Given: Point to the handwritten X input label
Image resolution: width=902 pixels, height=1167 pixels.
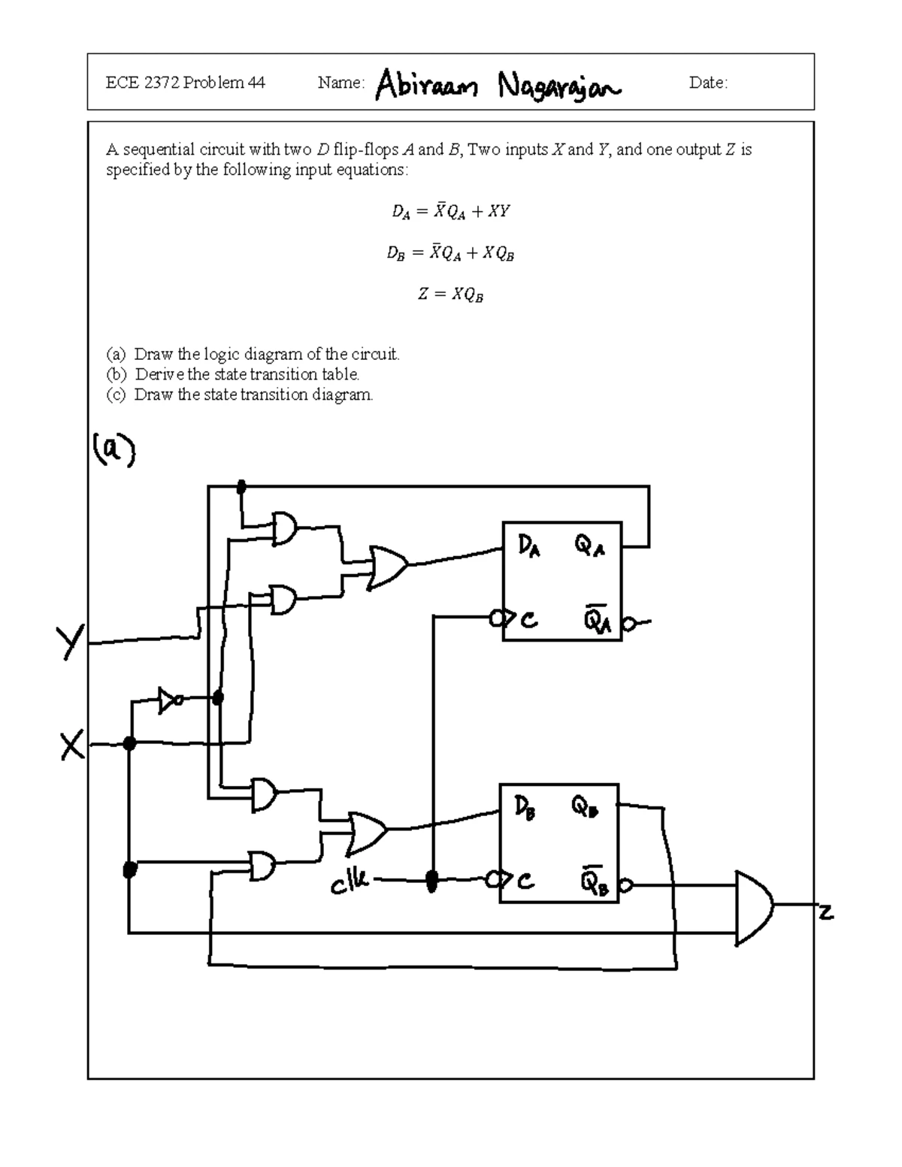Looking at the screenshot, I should (x=73, y=746).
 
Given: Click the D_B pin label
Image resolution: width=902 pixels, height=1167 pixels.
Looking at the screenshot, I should (x=525, y=808).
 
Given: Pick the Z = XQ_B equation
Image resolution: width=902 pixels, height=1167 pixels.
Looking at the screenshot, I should (x=450, y=295).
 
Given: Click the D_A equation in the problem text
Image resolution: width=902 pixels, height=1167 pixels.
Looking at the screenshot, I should (x=450, y=212).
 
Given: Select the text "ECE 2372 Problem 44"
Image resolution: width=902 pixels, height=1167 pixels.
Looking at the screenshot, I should (x=185, y=83).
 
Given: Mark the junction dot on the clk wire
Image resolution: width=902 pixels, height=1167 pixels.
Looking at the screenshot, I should (x=432, y=880).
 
